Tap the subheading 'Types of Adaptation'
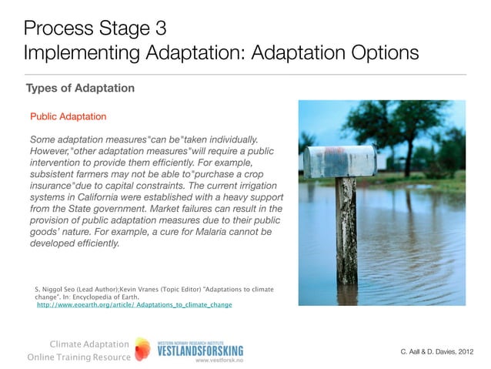coord(80,88)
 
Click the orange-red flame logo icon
coord(142,349)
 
